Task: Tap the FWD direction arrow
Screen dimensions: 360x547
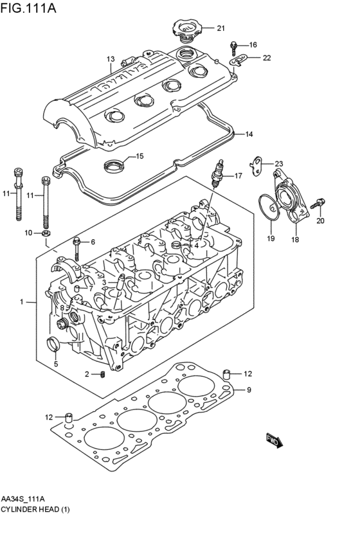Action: tap(274, 441)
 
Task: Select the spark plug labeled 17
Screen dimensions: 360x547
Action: tap(217, 174)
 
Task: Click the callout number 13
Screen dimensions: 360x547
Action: tap(111, 59)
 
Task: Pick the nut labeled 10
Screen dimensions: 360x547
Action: tap(46, 233)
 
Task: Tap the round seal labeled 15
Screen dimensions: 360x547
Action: tap(114, 165)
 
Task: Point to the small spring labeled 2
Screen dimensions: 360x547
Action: tap(103, 375)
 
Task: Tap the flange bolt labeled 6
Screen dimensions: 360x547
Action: tap(76, 249)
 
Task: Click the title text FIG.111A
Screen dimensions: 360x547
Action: tap(28, 8)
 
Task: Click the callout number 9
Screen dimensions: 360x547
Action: tap(249, 390)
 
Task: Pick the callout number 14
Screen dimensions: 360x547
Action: tap(249, 134)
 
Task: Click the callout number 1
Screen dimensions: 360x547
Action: tap(21, 301)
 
